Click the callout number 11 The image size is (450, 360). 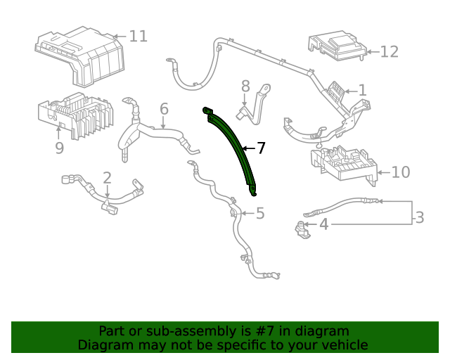coord(138,36)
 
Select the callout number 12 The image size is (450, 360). coord(389,51)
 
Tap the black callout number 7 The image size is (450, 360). coord(261,148)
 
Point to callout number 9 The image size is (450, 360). coord(59,148)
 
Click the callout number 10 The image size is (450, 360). coord(400,172)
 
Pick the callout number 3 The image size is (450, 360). coord(419,218)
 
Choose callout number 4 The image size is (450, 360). coord(323,225)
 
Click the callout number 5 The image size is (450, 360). coord(260,213)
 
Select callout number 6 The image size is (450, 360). coord(164,109)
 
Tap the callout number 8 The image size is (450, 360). coord(245,86)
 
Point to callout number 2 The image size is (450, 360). coord(107,178)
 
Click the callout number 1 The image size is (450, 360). coord(362,90)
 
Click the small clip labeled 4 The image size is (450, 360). coord(302,229)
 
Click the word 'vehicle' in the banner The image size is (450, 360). coord(344,345)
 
